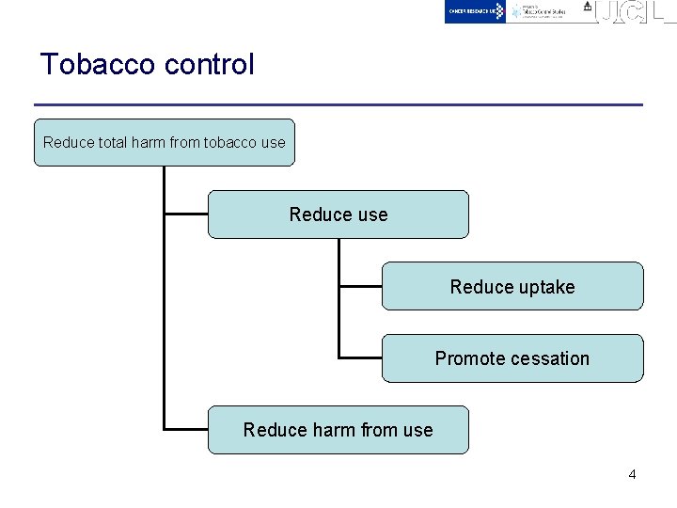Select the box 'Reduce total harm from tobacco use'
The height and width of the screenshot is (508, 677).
point(164,143)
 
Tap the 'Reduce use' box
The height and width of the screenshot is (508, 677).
point(338,214)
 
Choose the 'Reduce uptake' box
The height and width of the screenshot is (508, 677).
point(512,287)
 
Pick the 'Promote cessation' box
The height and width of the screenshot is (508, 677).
point(512,358)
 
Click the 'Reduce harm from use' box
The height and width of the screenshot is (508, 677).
point(338,430)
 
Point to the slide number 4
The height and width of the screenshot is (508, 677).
point(632,474)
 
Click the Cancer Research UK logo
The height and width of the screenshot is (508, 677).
point(475,11)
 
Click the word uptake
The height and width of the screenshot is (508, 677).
point(543,288)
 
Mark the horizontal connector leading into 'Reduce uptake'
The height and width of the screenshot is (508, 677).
point(360,286)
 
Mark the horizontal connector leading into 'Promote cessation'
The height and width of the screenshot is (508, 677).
point(360,357)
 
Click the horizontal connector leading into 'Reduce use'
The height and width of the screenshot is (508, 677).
point(185,214)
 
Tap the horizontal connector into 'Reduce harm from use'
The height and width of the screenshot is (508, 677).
point(185,429)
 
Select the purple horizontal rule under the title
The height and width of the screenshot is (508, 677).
point(338,103)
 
